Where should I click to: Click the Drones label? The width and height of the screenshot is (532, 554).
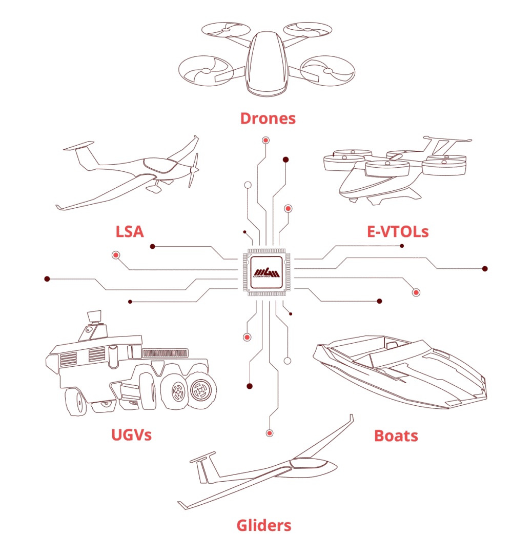[268, 118]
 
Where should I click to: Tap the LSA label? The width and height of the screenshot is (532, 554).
[130, 232]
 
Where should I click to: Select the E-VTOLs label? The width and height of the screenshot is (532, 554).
[398, 232]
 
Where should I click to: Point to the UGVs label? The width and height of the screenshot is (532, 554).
[131, 435]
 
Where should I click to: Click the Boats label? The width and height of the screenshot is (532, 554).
[396, 436]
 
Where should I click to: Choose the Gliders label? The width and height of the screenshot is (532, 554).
[264, 525]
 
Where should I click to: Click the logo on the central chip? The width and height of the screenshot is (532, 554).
[267, 272]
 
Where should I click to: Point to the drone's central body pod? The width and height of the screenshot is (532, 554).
[267, 64]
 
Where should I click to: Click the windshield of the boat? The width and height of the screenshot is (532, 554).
[392, 344]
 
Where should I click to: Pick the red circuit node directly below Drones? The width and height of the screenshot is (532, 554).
[266, 140]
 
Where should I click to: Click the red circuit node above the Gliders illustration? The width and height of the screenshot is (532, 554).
[270, 433]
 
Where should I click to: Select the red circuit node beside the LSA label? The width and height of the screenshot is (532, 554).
[116, 255]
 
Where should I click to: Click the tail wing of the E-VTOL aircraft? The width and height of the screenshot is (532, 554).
[447, 139]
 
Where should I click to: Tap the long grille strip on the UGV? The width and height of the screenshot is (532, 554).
[165, 353]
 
